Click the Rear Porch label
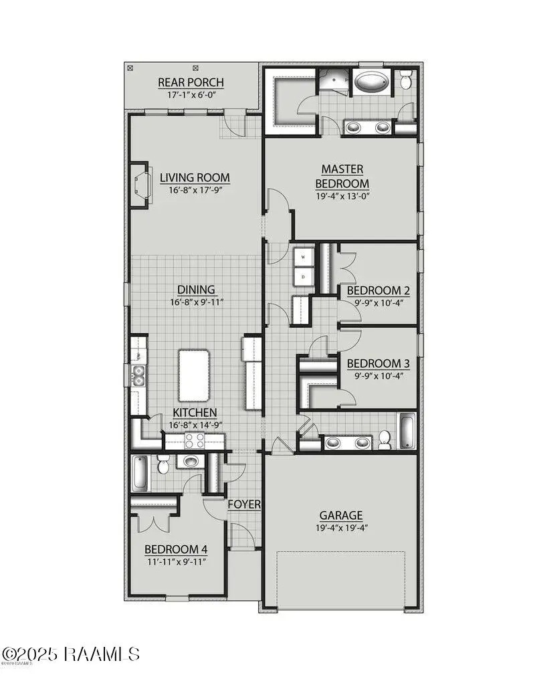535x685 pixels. (191, 82)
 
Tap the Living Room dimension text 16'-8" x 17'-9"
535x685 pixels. (195, 190)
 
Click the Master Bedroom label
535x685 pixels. (342, 177)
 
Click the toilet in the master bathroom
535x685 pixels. (406, 81)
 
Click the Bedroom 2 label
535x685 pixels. (378, 291)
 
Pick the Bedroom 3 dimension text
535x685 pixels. (378, 376)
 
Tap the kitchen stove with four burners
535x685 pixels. (195, 440)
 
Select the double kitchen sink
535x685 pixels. (138, 376)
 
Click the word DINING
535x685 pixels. (196, 290)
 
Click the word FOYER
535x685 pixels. (244, 504)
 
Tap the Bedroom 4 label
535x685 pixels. (176, 549)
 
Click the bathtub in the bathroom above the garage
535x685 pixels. (406, 431)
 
